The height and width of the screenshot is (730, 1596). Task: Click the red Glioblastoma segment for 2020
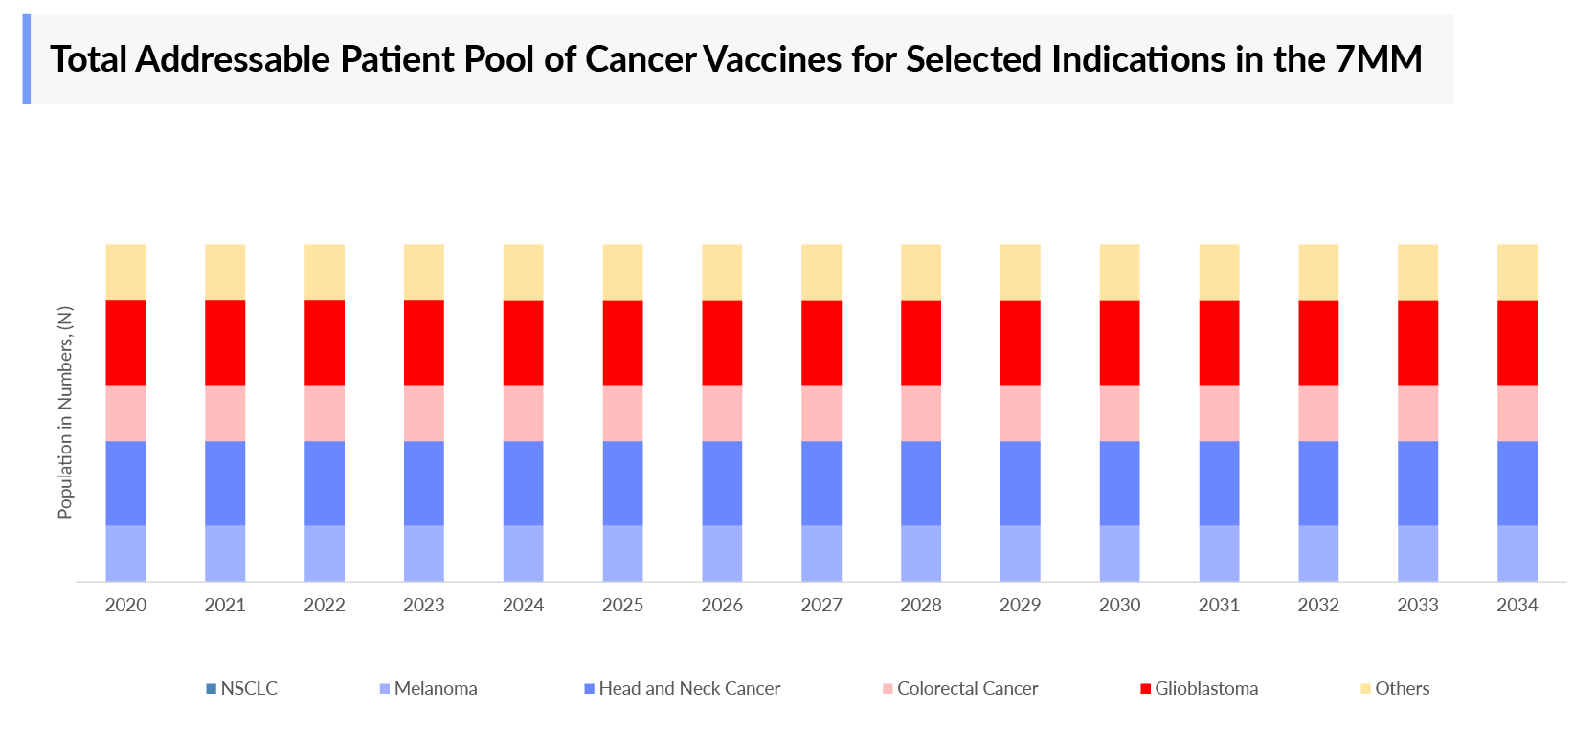(x=125, y=343)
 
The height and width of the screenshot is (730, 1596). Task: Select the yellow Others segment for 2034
(x=1517, y=273)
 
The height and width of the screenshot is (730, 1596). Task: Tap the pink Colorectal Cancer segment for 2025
(x=622, y=412)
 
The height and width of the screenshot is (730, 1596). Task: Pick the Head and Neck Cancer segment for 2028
(x=920, y=483)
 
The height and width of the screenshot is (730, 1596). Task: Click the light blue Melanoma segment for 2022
(x=324, y=553)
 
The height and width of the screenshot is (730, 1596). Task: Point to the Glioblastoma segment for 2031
(x=1219, y=343)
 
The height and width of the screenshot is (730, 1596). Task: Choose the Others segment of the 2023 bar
(x=423, y=273)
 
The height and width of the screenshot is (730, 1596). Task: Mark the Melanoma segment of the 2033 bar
(x=1417, y=553)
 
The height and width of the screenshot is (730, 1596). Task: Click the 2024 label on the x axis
(x=523, y=605)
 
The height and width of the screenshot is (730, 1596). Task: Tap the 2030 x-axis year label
(x=1119, y=605)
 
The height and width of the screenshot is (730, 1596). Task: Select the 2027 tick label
(x=820, y=605)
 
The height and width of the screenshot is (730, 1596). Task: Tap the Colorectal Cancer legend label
(x=967, y=688)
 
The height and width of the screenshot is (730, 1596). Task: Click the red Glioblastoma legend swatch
(x=1145, y=689)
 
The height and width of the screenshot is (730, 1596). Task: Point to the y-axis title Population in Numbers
(x=65, y=412)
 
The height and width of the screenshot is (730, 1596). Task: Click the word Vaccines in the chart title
(x=774, y=59)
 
